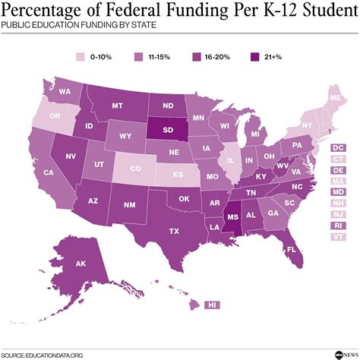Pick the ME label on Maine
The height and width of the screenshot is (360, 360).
335,99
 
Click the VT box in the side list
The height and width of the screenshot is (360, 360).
338,236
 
